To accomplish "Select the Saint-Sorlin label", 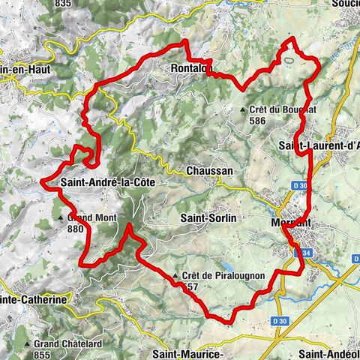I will [x=208, y=217].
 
